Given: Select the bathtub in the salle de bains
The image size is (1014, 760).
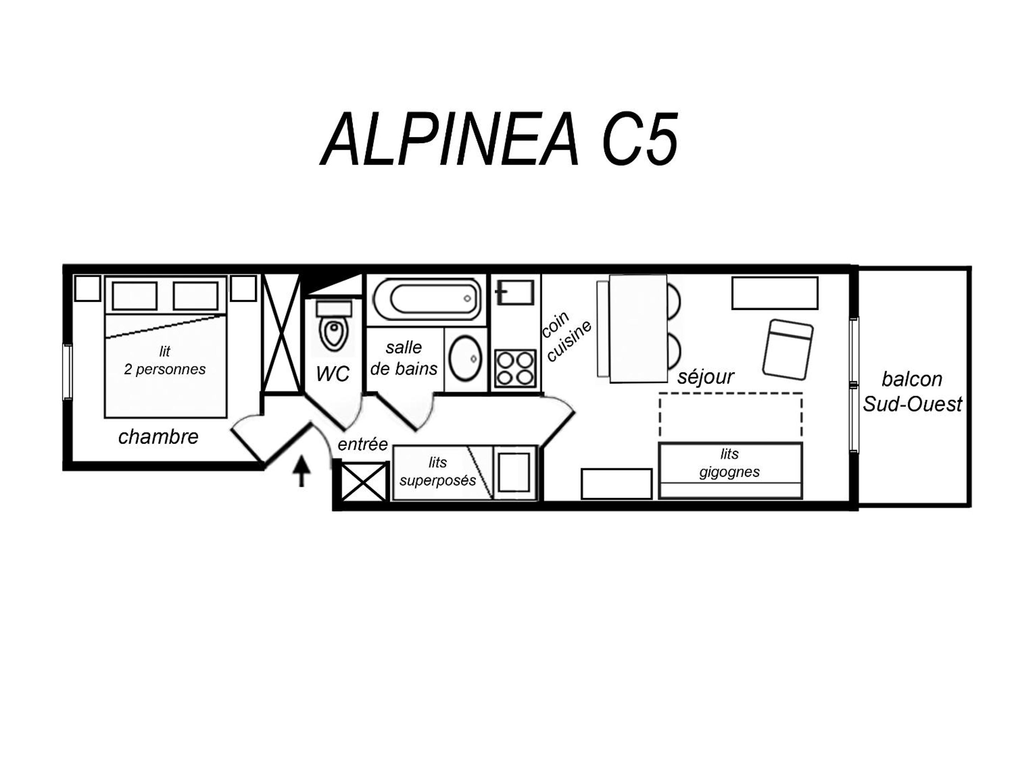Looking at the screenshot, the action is [427, 299].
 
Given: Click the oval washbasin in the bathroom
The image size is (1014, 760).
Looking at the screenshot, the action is [465, 359].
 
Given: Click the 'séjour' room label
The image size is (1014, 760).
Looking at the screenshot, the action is [705, 376].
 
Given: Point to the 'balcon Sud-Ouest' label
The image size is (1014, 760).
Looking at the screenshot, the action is [912, 392].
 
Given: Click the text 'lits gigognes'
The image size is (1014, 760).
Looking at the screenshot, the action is [729, 462].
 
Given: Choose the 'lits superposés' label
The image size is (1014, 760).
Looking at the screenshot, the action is [438, 472].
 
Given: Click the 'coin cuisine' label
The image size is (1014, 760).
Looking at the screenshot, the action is [566, 335].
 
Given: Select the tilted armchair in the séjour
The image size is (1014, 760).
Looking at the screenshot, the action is [788, 349].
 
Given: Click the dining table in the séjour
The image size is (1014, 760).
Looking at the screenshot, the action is [638, 328].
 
